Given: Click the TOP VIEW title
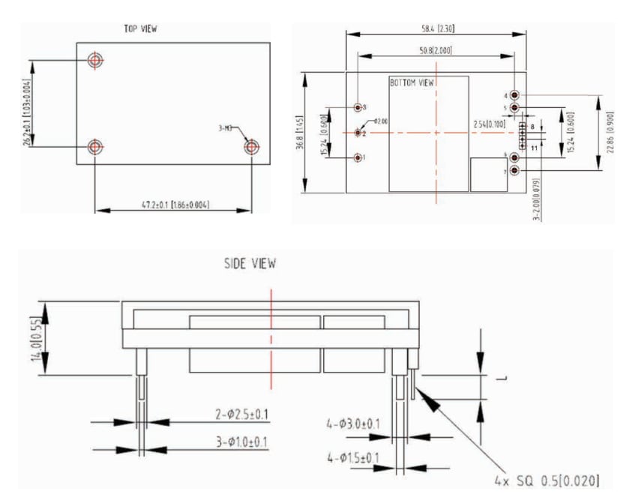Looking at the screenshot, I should pyautogui.click(x=140, y=29).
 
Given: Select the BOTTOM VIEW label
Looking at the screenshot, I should pyautogui.click(x=412, y=82).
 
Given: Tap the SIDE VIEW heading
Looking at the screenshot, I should pyautogui.click(x=250, y=264).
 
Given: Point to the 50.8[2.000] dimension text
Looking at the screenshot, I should pyautogui.click(x=435, y=50).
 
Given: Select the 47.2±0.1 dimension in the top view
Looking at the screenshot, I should pyautogui.click(x=173, y=204).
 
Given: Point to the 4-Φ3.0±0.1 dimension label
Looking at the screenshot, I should pyautogui.click(x=353, y=424).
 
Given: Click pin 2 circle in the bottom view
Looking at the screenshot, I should pyautogui.click(x=358, y=133).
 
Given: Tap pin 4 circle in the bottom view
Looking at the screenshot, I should pyautogui.click(x=515, y=96).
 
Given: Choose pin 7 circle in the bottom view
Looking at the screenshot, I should pyautogui.click(x=515, y=171).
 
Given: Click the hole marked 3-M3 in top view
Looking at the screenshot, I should pyautogui.click(x=252, y=147).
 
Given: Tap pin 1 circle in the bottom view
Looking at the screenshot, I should pyautogui.click(x=358, y=158).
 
